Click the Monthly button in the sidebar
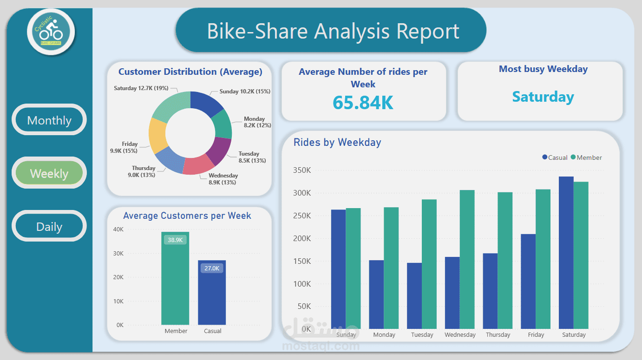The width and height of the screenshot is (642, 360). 49,120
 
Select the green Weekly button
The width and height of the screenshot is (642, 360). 49,173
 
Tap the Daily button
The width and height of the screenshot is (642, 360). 49,227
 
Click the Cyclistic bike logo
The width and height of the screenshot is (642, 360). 51,32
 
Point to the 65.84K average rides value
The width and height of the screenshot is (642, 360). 363,103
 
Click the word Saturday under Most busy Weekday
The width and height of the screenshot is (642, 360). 543,97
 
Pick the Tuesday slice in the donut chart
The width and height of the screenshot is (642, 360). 219,151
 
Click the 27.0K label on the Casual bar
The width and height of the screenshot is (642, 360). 212,268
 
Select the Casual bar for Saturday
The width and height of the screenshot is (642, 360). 566,253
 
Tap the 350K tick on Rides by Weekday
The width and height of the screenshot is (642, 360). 302,170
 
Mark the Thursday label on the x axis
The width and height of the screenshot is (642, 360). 498,334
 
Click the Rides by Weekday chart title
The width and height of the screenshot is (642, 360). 337,143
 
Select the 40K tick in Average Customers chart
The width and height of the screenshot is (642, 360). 118,229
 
